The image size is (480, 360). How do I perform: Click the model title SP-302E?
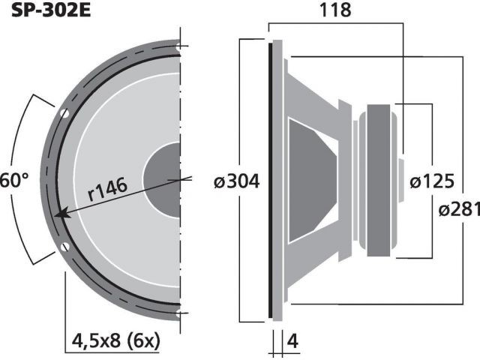point(51,10)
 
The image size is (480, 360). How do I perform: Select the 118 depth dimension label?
point(335,10)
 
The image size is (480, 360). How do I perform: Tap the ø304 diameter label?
point(237,181)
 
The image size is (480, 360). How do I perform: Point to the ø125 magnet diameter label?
point(432,181)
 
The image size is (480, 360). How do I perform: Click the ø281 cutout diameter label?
point(459,209)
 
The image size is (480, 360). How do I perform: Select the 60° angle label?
point(13,180)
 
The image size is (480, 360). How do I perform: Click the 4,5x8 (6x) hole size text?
point(115,340)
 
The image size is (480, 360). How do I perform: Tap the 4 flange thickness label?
point(292,340)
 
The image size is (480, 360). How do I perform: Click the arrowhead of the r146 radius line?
point(60,214)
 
